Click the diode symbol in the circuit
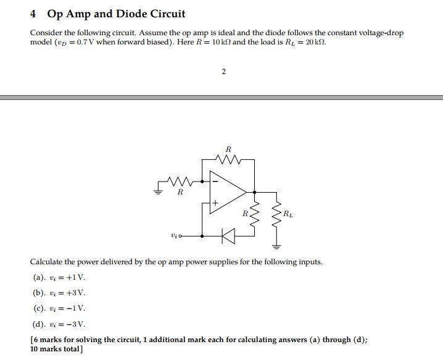tap(229, 235)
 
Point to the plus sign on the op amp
tap(215, 202)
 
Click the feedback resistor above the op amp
tap(228, 159)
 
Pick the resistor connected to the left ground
tap(180, 182)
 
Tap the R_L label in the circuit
tap(288, 214)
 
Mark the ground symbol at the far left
tap(158, 192)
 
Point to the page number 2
tap(223, 72)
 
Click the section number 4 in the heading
tap(34, 14)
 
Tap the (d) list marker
tap(38, 324)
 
